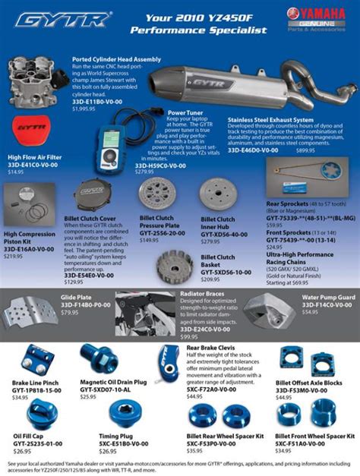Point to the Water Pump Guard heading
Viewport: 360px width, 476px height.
coord(328,298)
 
